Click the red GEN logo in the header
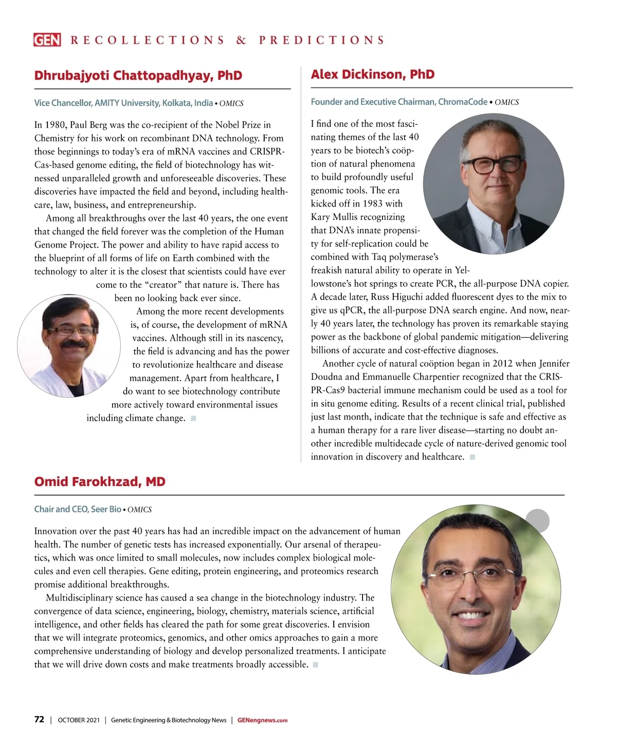point(47,40)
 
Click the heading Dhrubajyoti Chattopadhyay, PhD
point(138,76)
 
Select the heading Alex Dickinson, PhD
point(372,74)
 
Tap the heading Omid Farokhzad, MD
point(100,482)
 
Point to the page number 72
point(39,720)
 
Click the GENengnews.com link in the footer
point(262,720)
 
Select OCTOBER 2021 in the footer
point(79,720)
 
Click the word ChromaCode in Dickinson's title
point(462,102)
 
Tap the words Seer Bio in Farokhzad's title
point(106,509)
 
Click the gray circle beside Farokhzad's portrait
point(538,521)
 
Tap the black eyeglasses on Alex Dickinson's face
point(491,165)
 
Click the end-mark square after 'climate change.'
point(193,418)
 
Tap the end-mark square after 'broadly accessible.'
point(315,665)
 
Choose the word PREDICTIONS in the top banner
point(322,40)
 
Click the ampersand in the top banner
point(241,40)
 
